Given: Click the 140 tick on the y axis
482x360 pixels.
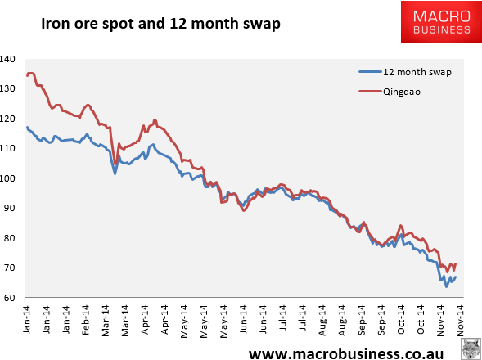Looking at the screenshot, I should tap(7, 59).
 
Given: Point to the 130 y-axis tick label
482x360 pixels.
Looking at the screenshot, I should tap(7, 88).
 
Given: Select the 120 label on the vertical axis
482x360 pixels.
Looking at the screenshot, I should tap(7, 119).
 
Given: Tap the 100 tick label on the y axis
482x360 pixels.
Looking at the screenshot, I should tap(7, 178).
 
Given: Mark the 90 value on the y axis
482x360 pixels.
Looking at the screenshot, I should tap(9, 208).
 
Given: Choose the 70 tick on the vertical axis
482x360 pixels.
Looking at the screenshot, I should tap(9, 268).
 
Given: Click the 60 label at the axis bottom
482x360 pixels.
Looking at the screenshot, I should tap(9, 298).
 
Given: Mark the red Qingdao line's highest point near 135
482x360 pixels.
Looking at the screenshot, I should tap(31, 74).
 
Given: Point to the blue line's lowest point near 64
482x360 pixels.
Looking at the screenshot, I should tap(446, 286).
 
